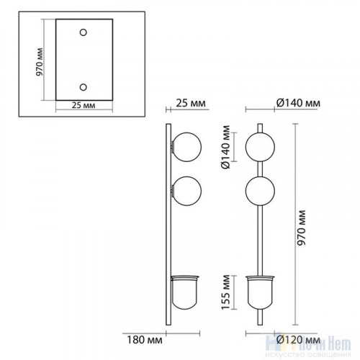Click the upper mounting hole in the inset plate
pyautogui.click(x=84, y=32)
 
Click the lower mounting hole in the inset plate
pyautogui.click(x=84, y=87)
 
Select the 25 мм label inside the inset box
pyautogui.click(x=84, y=105)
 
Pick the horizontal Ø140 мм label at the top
pyautogui.click(x=298, y=105)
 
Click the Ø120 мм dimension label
pyautogui.click(x=298, y=337)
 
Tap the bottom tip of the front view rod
pyautogui.click(x=259, y=321)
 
